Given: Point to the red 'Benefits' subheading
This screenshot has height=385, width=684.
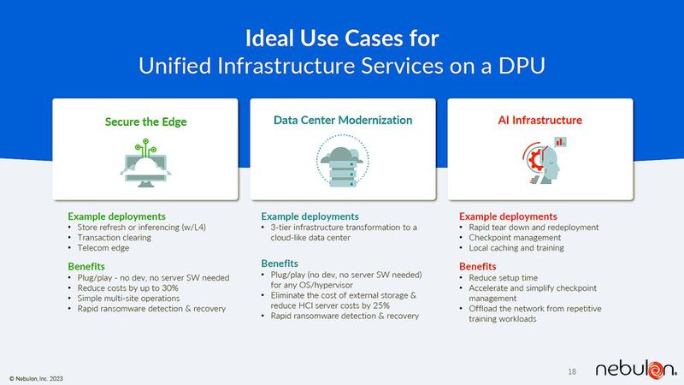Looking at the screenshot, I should (477, 266).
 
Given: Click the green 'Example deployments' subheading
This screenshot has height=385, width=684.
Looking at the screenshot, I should (116, 216).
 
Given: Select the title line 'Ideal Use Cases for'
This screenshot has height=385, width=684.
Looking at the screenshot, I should (342, 38).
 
